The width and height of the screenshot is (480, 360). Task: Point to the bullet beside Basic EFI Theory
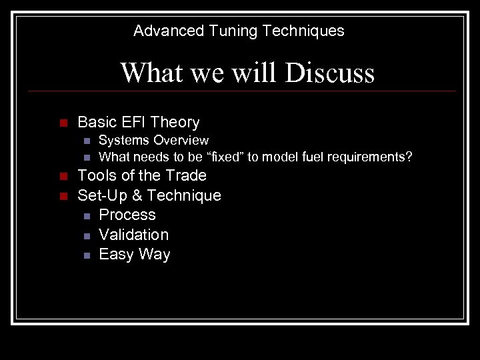(x=63, y=123)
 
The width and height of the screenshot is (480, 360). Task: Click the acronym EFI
(x=133, y=122)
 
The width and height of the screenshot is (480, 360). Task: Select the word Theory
(x=175, y=122)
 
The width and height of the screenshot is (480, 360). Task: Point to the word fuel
(x=313, y=157)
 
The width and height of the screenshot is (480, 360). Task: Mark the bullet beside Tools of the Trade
(x=63, y=177)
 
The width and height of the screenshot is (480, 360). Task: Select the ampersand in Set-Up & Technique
(x=137, y=195)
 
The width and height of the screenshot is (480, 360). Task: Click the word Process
(x=127, y=215)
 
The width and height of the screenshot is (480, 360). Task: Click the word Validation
(x=133, y=235)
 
